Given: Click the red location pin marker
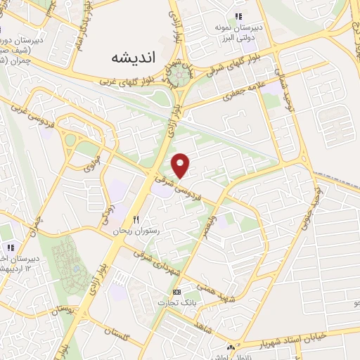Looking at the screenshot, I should click(181, 165).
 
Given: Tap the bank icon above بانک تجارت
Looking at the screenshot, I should click(176, 292).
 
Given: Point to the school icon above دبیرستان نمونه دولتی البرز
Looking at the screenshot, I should click(238, 16).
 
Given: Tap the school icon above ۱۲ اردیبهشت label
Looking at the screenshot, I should click(11, 247).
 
